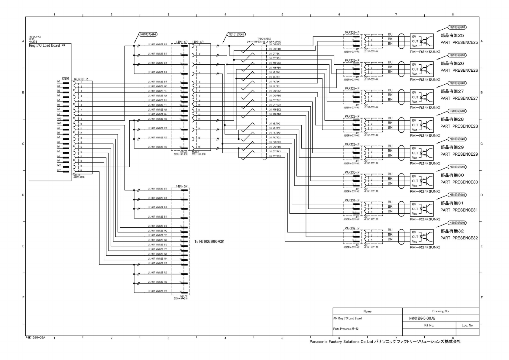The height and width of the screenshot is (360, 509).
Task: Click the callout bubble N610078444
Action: click(148, 34)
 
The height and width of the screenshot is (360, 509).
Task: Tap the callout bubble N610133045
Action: click(236, 34)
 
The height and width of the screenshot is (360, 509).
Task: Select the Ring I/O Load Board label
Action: click(44, 46)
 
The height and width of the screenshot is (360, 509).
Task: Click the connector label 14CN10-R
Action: click(80, 79)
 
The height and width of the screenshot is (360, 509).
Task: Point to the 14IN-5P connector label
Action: click(181, 186)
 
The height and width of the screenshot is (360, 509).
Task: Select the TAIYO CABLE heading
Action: click(264, 39)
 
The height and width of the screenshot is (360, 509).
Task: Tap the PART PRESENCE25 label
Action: click(459, 43)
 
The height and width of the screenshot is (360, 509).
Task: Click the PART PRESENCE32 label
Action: click(459, 238)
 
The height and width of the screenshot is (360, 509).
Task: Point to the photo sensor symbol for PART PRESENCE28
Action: click(422, 125)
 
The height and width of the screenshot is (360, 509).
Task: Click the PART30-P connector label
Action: click(352, 172)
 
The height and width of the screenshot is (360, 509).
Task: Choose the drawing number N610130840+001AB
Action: click(420, 318)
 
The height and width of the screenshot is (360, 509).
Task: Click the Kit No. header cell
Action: click(429, 325)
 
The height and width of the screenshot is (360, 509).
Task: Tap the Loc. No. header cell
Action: click(467, 325)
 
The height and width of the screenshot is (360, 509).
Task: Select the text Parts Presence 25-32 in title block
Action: click(344, 329)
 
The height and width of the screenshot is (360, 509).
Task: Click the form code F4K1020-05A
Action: click(35, 337)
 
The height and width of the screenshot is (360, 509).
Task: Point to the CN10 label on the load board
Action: click(65, 79)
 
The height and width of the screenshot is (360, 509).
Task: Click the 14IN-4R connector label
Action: click(198, 42)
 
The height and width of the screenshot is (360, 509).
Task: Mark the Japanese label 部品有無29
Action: click(452, 147)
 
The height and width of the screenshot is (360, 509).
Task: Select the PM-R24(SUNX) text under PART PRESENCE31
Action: click(425, 219)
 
